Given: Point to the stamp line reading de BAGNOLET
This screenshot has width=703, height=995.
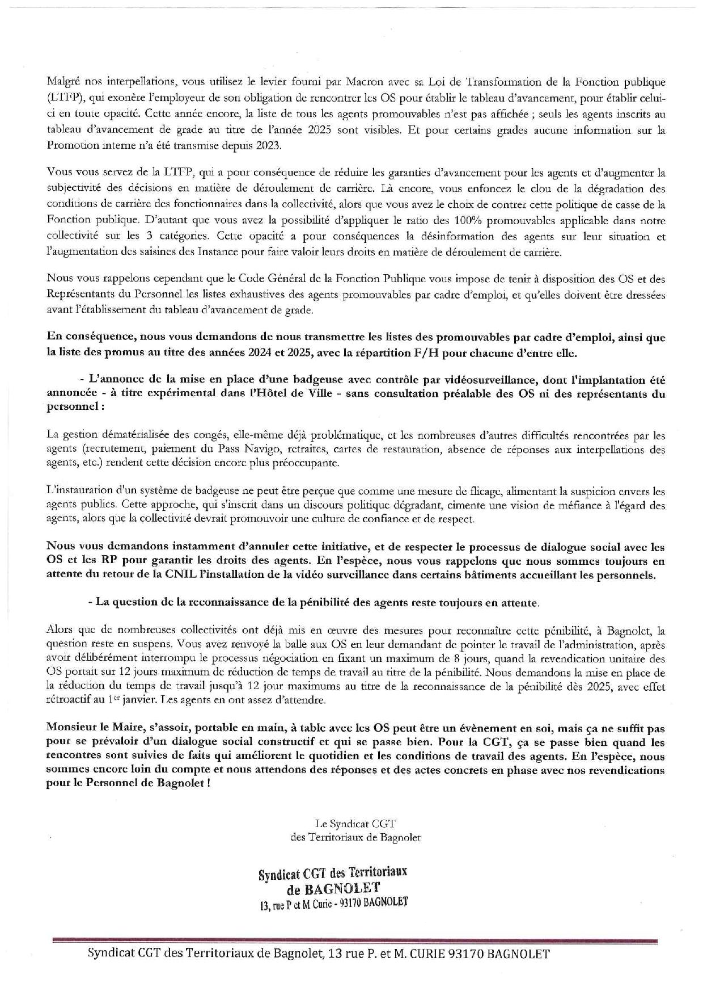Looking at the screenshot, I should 334,887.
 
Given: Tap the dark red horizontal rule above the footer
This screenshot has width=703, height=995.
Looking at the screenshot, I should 354,940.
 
